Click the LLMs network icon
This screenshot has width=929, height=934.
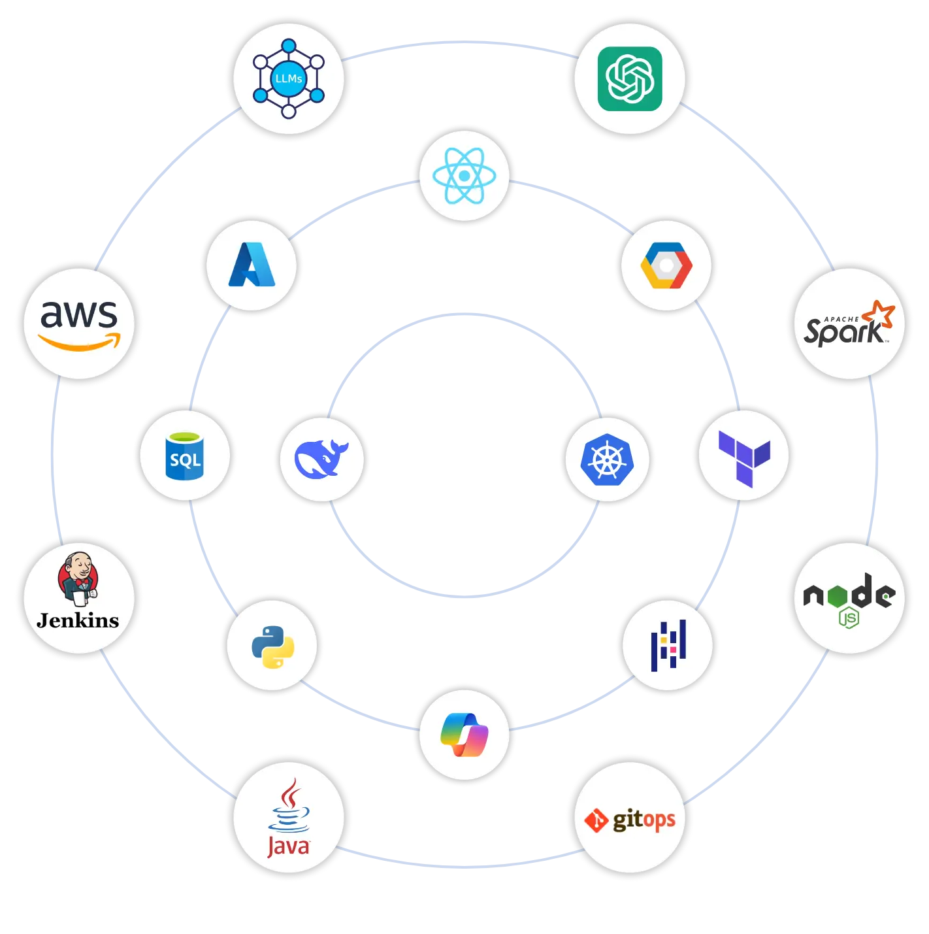point(289,78)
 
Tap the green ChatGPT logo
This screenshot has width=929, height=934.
point(630,78)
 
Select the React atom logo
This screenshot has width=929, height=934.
point(464,176)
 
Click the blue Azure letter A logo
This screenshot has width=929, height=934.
point(252,265)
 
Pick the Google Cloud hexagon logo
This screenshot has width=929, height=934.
point(666,265)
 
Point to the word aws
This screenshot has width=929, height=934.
point(79,314)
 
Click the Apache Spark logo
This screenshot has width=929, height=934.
point(849,324)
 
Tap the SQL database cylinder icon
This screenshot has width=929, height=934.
point(185,456)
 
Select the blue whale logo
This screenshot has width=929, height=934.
point(321,459)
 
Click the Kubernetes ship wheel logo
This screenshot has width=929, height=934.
point(607,459)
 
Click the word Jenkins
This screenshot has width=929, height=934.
point(78,620)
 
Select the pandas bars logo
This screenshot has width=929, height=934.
point(668,646)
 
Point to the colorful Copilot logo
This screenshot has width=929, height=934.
point(464,735)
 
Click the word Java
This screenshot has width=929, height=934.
point(288,846)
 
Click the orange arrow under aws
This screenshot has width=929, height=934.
point(80,342)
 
